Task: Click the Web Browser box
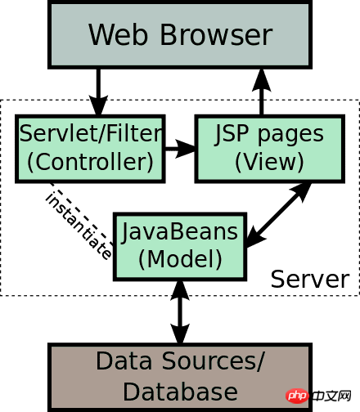(x=180, y=34)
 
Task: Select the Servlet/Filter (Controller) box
(x=90, y=149)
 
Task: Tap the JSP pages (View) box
(x=270, y=149)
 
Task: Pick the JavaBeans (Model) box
(x=180, y=247)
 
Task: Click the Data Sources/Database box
(x=180, y=378)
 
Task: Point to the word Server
(x=310, y=279)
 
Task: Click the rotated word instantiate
(x=79, y=226)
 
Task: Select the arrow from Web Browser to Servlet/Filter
(x=98, y=92)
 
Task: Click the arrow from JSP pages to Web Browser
(x=262, y=92)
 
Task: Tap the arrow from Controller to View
(x=180, y=149)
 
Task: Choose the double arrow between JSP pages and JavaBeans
(x=279, y=215)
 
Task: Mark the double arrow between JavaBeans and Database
(x=180, y=312)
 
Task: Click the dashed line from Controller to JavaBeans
(x=82, y=213)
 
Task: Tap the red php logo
(x=297, y=396)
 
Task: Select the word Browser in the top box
(x=216, y=35)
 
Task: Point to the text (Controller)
(x=90, y=162)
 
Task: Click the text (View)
(x=269, y=162)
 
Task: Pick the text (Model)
(x=180, y=259)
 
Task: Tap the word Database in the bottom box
(x=180, y=392)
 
